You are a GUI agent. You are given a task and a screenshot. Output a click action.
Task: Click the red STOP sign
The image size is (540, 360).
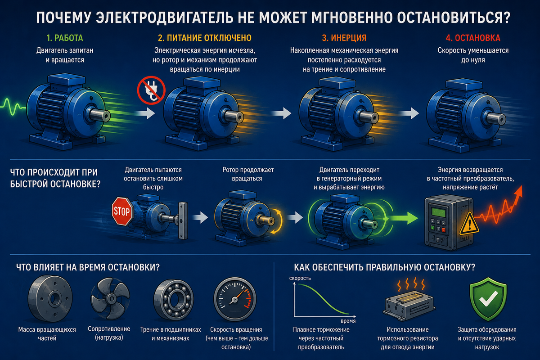(x=122, y=211)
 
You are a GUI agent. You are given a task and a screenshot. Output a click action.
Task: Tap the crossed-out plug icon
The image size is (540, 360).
(x=151, y=90)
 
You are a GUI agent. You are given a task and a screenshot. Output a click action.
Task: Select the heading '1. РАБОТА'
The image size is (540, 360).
(x=65, y=38)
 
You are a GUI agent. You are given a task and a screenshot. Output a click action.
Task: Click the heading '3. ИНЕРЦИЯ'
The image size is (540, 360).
(x=344, y=38)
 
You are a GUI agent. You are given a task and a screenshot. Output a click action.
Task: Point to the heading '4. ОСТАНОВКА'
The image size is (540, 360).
(x=473, y=38)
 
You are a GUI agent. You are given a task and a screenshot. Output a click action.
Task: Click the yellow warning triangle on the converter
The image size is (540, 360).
(x=469, y=224)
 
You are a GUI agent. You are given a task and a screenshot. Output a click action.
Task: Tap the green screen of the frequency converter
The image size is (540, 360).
(x=439, y=212)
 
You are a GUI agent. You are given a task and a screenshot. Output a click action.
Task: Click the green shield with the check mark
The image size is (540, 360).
(x=488, y=299)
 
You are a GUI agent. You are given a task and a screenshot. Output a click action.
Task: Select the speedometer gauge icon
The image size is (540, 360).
(x=235, y=299)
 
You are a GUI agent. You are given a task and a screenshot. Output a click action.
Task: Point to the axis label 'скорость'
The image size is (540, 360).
(x=300, y=278)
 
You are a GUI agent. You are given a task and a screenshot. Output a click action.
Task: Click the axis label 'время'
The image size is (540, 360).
(x=348, y=321)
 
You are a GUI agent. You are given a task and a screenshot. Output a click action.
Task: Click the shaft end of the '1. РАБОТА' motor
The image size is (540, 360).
(x=106, y=117)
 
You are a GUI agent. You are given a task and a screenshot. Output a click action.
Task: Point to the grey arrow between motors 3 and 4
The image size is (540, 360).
(x=409, y=113)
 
